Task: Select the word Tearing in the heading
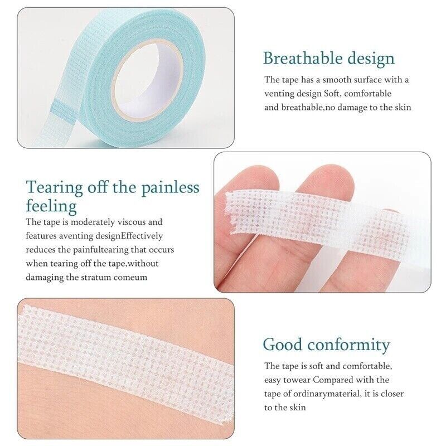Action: pyautogui.click(x=54, y=188)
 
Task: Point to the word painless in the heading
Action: pyautogui.click(x=171, y=187)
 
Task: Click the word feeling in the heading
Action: pyautogui.click(x=51, y=206)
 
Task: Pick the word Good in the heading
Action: pyautogui.click(x=283, y=345)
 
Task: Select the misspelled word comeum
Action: pyautogui.click(x=130, y=277)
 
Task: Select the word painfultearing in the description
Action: pyautogui.click(x=101, y=250)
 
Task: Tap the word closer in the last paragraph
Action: pyautogui.click(x=392, y=394)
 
